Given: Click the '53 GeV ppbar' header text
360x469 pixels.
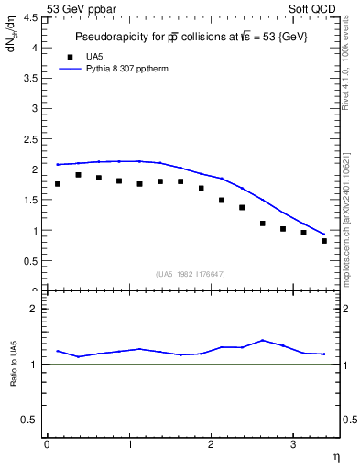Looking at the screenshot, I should tap(78, 7).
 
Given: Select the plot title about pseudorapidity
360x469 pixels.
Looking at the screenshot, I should tap(191, 36).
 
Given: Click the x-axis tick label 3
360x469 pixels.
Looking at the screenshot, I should tap(292, 444).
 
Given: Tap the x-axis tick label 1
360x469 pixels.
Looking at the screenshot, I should tap(129, 444).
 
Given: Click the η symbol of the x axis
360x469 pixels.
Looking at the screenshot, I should tap(335, 455).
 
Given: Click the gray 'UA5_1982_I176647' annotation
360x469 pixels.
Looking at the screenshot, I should tap(191, 274).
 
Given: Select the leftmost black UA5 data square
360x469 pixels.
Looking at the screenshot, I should tap(58, 184).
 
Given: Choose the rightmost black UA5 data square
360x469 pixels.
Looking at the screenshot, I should tap(324, 241).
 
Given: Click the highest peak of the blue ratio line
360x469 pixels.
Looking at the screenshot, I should tap(263, 340).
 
